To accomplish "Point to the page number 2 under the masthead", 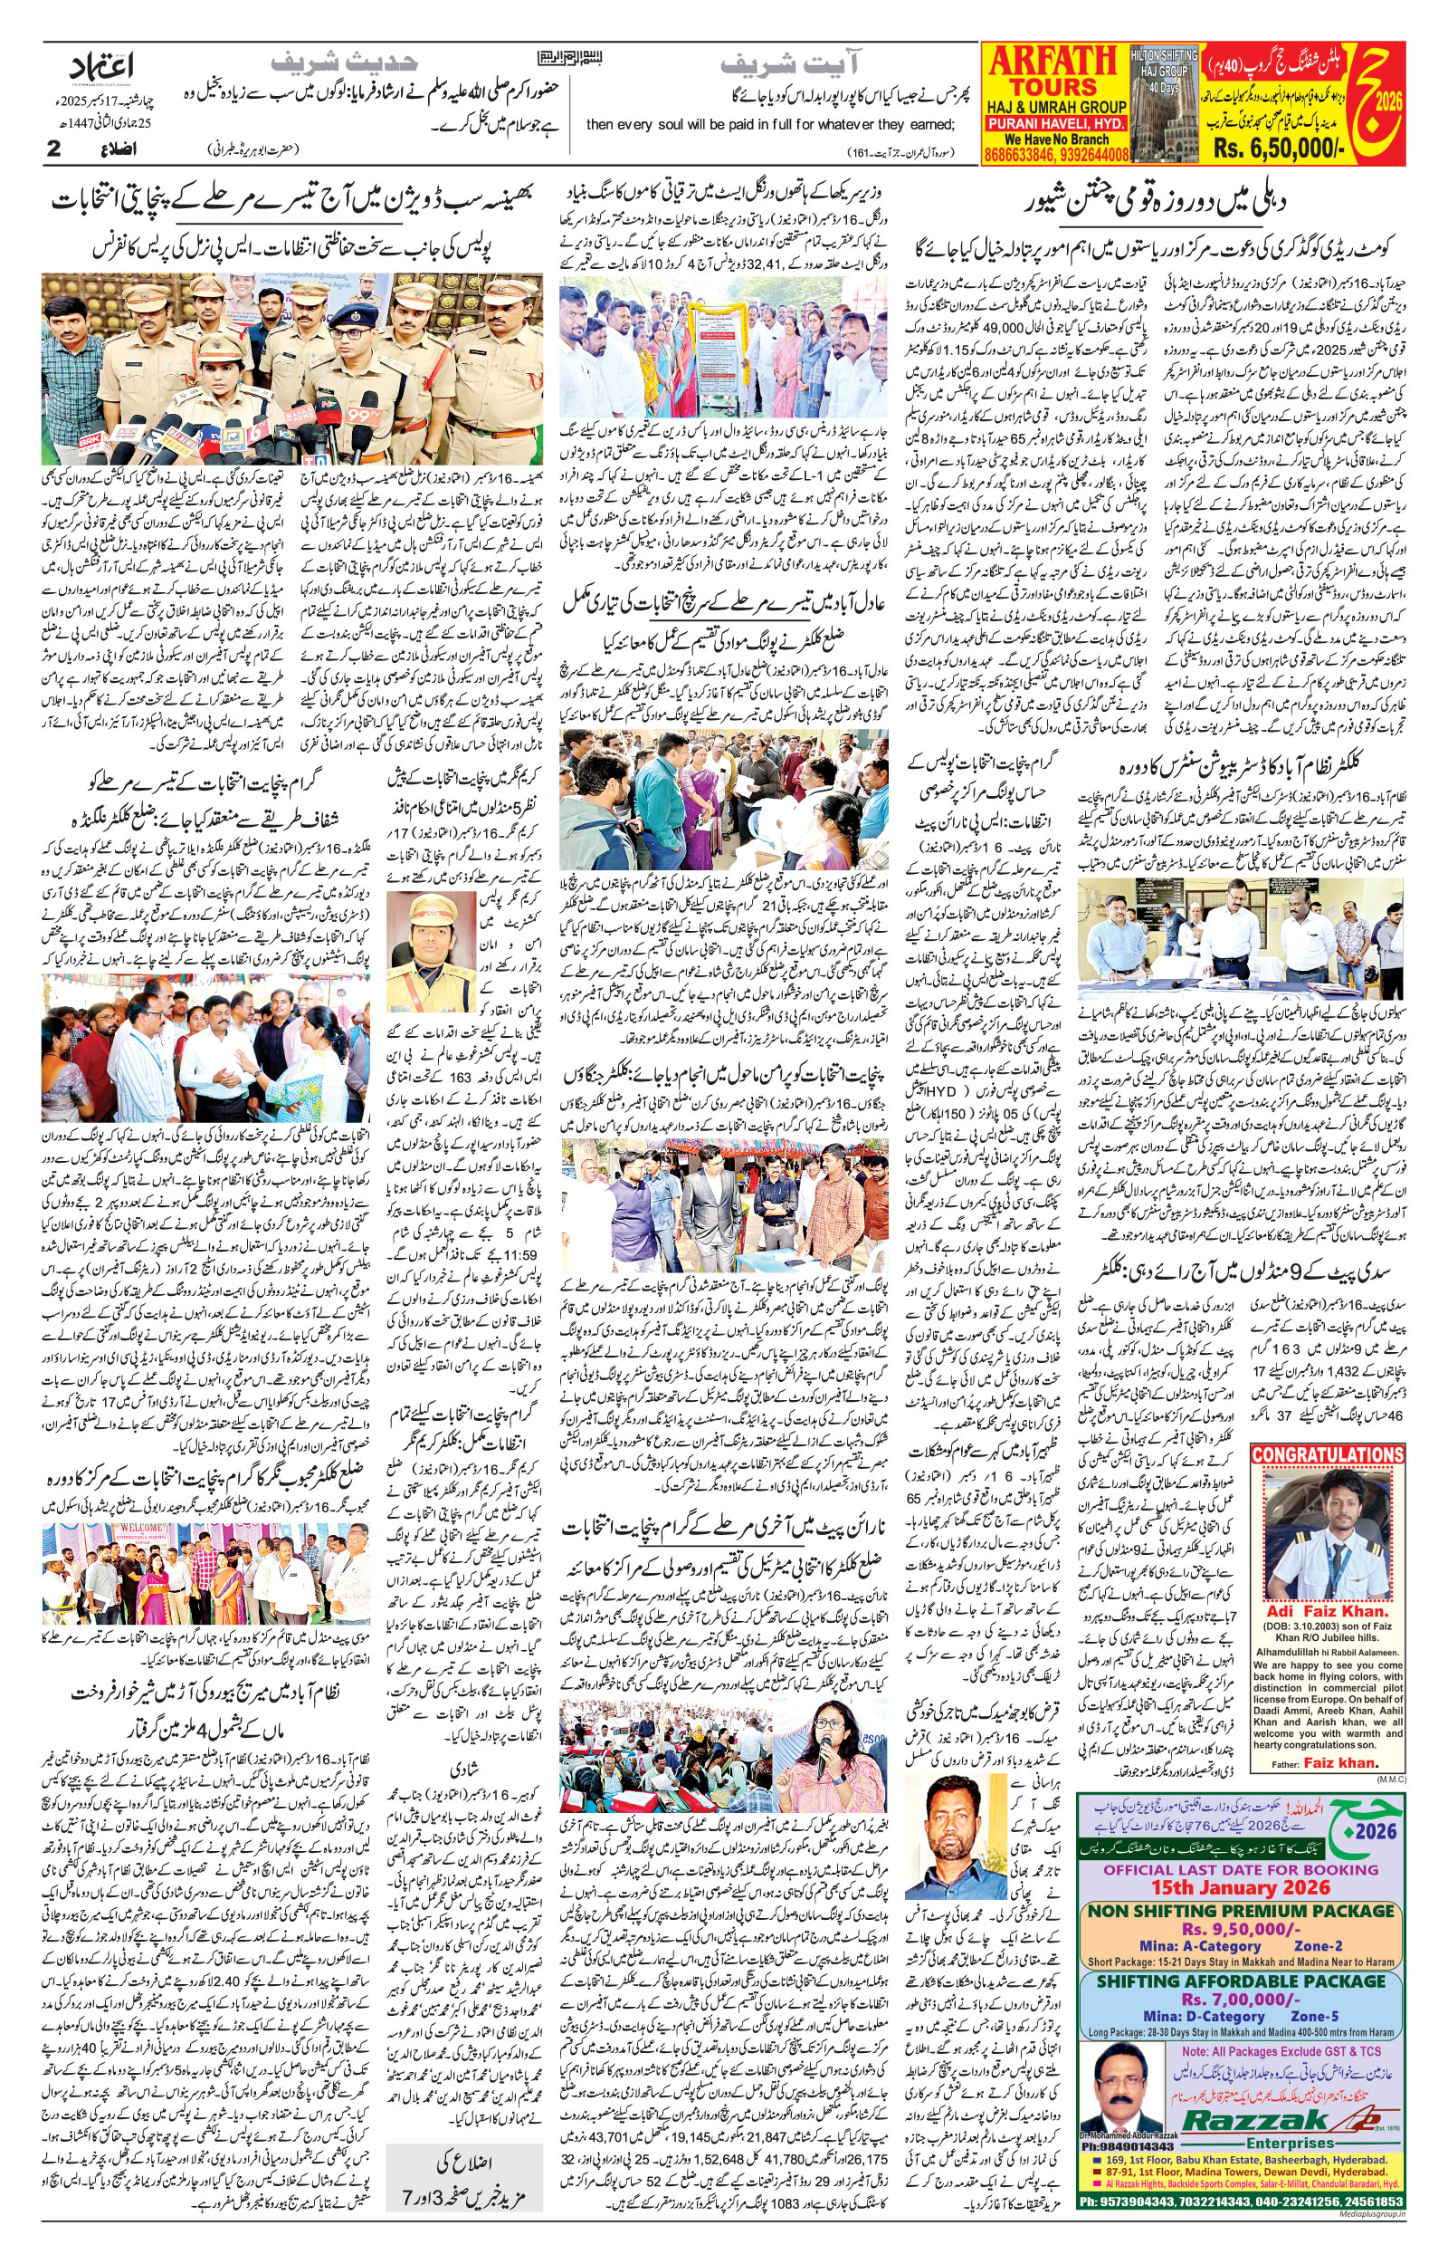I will [54, 149].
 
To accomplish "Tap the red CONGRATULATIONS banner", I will [1326, 1454].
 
